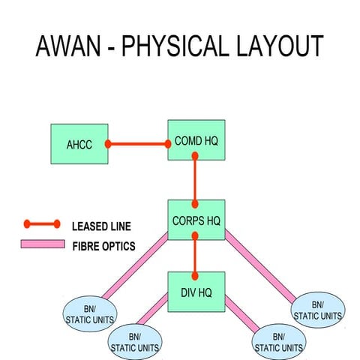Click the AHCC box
point(79,144)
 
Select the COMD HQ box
point(195,140)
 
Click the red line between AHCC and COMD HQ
point(138,143)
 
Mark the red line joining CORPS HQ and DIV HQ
point(195,256)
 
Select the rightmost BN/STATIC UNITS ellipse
point(316,309)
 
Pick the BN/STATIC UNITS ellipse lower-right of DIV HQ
point(278,340)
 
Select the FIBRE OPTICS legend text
point(104,244)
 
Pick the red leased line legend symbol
point(41,223)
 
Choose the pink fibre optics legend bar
point(41,244)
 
